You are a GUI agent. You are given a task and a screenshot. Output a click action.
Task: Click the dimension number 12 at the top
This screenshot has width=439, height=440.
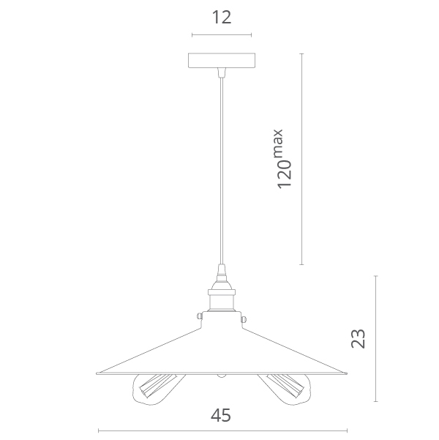(222, 17)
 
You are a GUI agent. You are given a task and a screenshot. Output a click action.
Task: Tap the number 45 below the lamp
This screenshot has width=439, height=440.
(221, 415)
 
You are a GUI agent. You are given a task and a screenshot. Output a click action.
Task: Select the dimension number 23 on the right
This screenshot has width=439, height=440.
(359, 339)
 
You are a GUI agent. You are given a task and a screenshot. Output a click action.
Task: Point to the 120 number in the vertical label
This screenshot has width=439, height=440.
(284, 174)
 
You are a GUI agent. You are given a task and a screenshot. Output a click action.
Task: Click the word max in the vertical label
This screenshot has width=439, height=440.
(278, 143)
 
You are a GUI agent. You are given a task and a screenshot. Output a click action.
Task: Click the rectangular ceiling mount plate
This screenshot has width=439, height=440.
(222, 61)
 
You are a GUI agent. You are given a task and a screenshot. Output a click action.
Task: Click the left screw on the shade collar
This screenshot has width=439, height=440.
(200, 316)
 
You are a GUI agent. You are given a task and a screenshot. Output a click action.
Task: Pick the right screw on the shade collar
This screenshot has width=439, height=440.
(244, 319)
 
